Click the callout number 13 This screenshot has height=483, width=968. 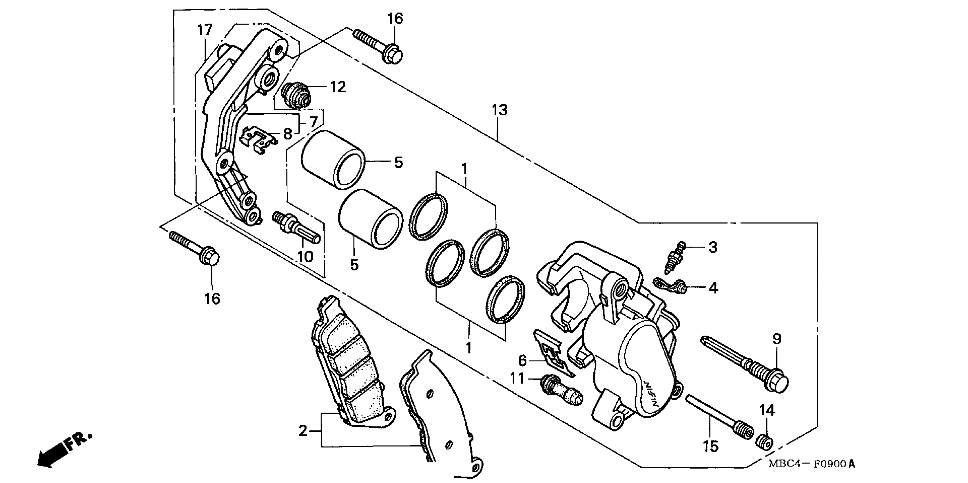point(500,110)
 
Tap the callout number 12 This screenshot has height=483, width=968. point(338,87)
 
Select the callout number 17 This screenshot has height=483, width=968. point(205,30)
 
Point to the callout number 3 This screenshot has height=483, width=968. point(713,247)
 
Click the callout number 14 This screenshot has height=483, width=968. point(767,411)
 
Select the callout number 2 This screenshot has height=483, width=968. point(303,431)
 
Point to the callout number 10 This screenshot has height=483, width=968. point(305,257)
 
